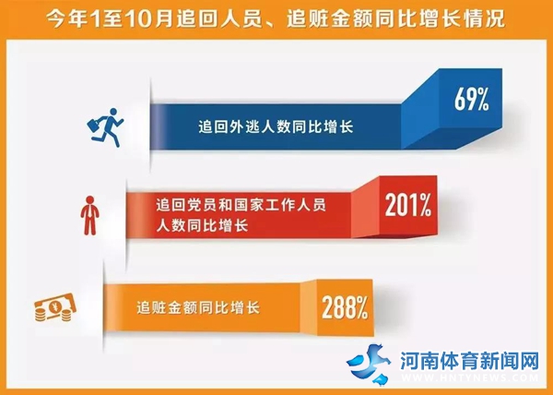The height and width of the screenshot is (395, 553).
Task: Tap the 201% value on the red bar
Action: [408, 205]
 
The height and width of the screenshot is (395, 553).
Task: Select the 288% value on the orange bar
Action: [345, 307]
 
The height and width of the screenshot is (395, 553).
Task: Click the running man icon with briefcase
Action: [105, 127]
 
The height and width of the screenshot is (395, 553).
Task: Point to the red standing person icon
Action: [90, 215]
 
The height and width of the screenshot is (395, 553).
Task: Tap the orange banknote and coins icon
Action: [55, 307]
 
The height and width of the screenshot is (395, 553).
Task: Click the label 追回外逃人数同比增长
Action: [276, 126]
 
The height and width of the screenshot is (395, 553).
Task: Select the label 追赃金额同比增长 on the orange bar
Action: [198, 307]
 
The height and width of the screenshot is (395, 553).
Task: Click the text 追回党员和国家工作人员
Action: [241, 205]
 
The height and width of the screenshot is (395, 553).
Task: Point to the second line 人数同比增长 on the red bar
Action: [202, 225]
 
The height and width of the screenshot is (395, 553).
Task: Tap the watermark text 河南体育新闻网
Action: [469, 361]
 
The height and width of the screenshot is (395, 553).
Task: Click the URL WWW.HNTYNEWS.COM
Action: [470, 377]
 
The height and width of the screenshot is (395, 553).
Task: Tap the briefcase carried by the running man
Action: [94, 126]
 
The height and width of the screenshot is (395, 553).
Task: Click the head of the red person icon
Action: [90, 199]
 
